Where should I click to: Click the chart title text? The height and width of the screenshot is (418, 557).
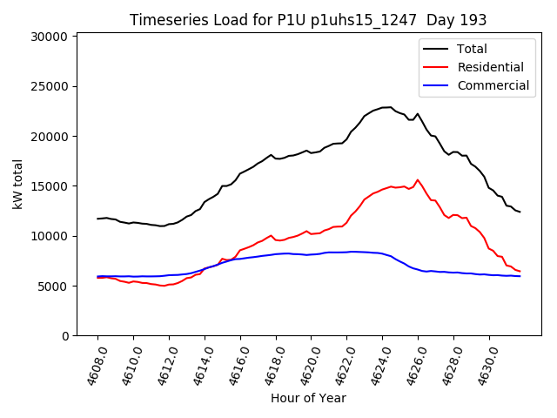pos(308,19)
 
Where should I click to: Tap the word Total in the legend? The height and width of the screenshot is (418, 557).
pos(472,49)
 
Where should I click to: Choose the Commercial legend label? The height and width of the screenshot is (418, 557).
pos(493,85)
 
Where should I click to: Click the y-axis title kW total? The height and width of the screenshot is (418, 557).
pos(18,184)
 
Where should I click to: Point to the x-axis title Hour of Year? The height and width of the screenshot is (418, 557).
pos(308,398)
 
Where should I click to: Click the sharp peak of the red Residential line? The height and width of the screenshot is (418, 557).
pos(418,180)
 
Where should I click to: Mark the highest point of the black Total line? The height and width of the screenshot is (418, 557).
pos(389,107)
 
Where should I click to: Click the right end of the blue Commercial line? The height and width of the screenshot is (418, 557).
pos(520,276)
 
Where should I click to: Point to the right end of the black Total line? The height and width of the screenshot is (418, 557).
pos(520,212)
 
